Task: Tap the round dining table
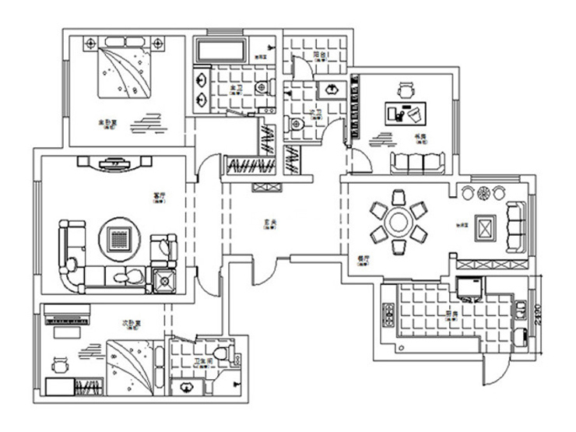(x=398, y=223)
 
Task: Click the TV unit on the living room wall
(x=116, y=163)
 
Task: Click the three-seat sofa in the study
(x=416, y=162)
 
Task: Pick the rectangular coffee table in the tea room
(x=487, y=228)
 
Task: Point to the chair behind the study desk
(x=405, y=90)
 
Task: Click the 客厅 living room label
(x=161, y=196)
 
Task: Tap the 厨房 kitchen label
(x=451, y=314)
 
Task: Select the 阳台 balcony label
(x=318, y=55)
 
